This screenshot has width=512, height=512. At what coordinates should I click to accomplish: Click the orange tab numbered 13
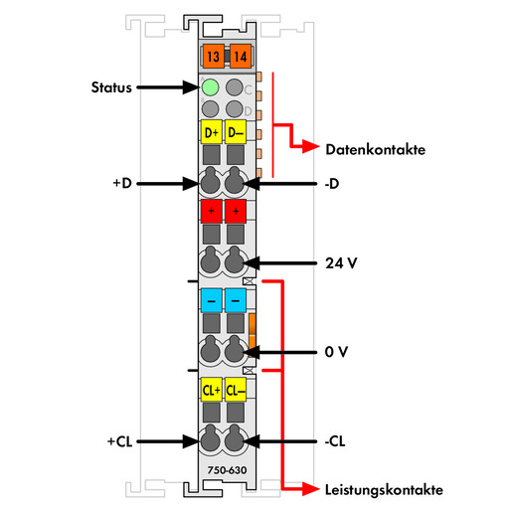213,56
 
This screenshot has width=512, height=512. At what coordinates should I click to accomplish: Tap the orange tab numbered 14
241,56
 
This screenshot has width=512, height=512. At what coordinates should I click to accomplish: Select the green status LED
210,87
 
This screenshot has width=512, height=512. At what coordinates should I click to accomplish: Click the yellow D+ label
212,132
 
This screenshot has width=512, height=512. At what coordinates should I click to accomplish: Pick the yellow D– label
236,132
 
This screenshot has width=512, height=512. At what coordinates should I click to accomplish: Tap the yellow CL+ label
212,390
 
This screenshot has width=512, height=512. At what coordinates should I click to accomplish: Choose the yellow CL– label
236,390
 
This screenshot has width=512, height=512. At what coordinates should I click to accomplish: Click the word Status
111,87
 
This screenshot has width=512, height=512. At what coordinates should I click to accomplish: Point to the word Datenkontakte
376,149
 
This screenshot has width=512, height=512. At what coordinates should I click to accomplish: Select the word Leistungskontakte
384,490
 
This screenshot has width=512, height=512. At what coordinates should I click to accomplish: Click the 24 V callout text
341,263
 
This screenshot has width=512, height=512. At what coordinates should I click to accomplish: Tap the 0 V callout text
336,352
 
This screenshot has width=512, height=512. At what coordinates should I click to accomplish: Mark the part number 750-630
227,470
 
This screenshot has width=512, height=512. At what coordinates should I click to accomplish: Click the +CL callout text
120,441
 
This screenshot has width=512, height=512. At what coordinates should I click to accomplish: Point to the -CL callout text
335,441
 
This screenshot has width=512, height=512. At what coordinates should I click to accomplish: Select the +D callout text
122,183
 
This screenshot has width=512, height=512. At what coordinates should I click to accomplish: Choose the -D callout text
332,184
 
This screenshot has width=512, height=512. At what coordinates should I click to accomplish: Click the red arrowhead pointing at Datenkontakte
310,146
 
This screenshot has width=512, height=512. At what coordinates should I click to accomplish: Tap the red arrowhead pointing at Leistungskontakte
310,489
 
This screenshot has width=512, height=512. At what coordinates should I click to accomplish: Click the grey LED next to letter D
235,108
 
